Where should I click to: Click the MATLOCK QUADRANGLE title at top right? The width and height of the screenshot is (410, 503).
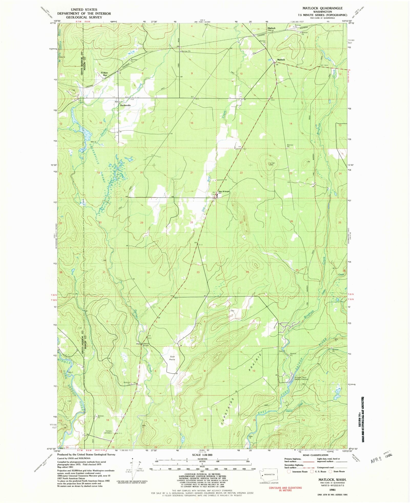point(322,8)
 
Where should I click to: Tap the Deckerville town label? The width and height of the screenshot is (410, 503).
point(125,105)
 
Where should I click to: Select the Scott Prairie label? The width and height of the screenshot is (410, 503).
point(172,358)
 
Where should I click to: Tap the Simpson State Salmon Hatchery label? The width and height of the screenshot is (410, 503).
point(300,378)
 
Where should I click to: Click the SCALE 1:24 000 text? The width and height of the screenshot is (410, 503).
point(202,455)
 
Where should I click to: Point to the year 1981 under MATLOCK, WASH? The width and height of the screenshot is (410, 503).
point(332,482)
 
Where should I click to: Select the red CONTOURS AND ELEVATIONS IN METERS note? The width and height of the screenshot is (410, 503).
point(285,489)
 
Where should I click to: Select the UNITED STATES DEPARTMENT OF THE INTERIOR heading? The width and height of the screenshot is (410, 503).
point(84,13)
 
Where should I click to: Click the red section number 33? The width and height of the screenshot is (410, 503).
point(198,272)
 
